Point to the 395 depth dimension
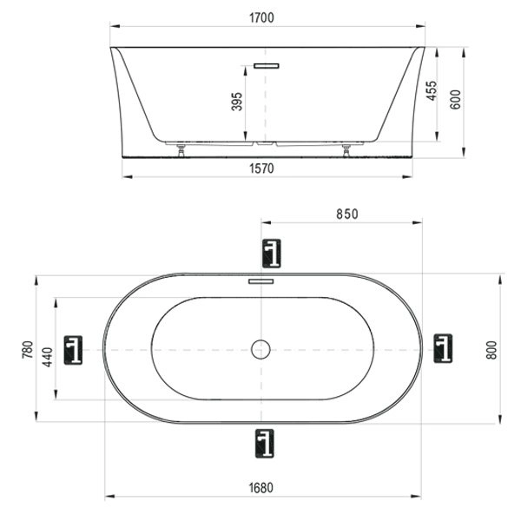(x=237, y=102)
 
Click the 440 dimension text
(x=47, y=350)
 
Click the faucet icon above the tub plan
(x=272, y=253)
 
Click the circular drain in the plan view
(x=261, y=349)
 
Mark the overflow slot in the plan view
(x=261, y=281)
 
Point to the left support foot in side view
(x=181, y=148)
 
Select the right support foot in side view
(x=347, y=148)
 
